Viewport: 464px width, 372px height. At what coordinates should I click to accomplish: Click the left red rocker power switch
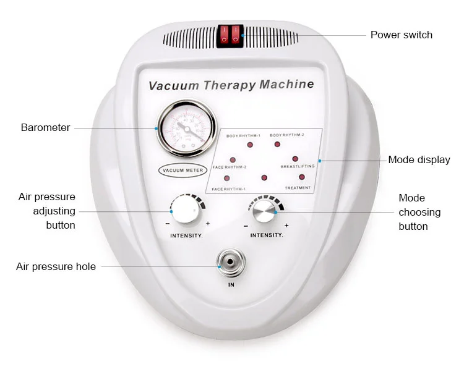[225, 35]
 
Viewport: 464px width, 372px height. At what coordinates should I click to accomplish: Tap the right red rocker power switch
[236, 35]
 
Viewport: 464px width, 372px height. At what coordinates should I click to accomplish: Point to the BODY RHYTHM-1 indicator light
[250, 145]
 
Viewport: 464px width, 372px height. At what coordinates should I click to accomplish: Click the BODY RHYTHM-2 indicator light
[277, 145]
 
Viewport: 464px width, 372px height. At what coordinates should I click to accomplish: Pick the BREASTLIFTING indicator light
[295, 159]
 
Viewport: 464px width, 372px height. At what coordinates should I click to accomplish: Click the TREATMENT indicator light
[302, 177]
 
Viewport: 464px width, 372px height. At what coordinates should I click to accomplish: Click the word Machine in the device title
[286, 85]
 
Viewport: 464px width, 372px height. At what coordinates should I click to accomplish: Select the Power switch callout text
[401, 35]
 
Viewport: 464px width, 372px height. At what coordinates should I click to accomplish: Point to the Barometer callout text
[45, 128]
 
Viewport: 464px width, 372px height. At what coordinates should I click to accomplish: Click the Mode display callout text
[419, 160]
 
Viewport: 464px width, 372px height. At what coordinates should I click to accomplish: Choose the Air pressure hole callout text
[56, 267]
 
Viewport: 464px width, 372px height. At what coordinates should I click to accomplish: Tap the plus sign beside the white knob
[207, 224]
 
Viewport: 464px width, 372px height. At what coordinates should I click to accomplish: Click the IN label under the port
[231, 285]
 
